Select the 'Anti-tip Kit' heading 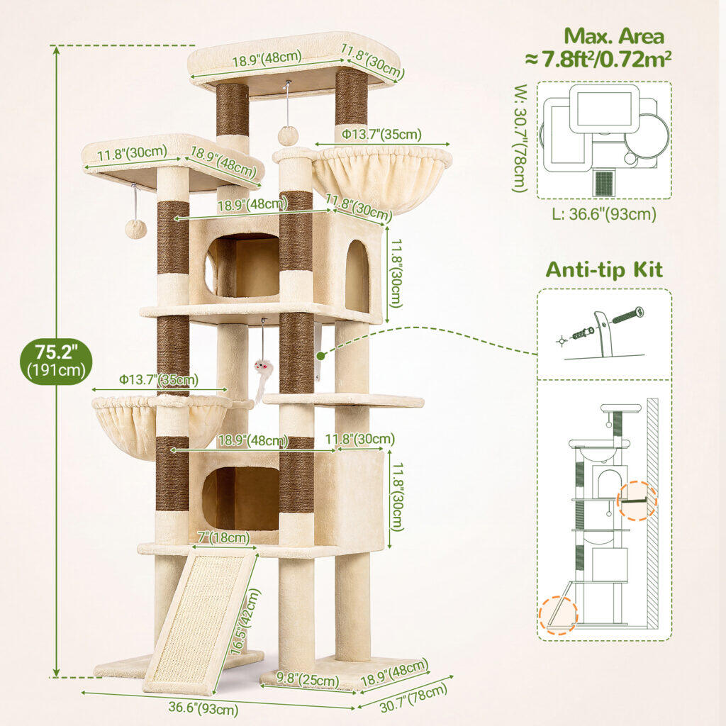pos(604,269)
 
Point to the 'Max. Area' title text pos(613,36)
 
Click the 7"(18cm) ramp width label pos(223,537)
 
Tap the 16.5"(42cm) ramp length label pos(245,621)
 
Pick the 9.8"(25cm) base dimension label pos(308,679)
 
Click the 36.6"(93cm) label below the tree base pos(203,708)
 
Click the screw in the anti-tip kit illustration pos(628,315)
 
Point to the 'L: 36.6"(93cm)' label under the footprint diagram pos(604,214)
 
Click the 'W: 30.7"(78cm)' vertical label pos(520,138)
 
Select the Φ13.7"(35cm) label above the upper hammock pos(381,135)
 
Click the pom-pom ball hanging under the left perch pos(135,229)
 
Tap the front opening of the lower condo pos(241,498)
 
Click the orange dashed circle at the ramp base pos(559,615)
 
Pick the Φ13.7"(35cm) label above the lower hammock pos(158,380)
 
